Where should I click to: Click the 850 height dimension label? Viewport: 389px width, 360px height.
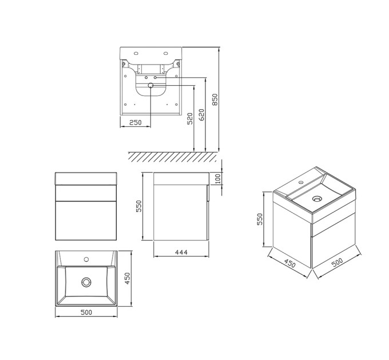[x=215, y=99]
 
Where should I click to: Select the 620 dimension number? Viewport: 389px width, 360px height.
[x=202, y=115]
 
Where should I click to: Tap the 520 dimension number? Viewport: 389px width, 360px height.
[x=190, y=119]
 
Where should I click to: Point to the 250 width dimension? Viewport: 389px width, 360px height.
[x=136, y=122]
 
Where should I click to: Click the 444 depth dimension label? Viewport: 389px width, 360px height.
[x=181, y=252]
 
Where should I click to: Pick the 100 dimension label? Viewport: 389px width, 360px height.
[x=217, y=178]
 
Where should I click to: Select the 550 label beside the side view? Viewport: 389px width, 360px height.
[x=138, y=206]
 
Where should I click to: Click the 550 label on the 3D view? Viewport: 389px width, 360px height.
[x=260, y=219]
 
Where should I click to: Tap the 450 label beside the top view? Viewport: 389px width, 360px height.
[x=127, y=278]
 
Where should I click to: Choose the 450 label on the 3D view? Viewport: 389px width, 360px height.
[x=290, y=263]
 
